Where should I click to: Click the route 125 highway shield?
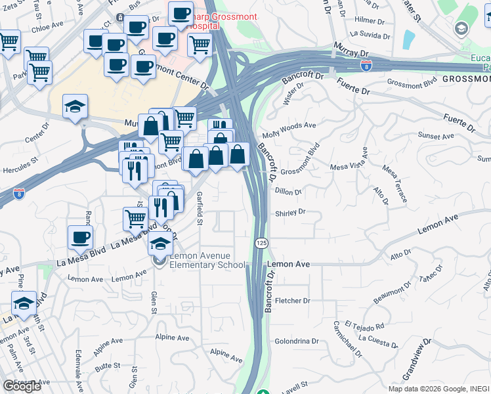tap(261, 244)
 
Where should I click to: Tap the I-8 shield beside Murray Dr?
tap(366, 66)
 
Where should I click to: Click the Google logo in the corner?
tap(22, 385)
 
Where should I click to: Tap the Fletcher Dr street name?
tap(292, 301)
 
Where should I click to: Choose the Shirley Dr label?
tap(290, 212)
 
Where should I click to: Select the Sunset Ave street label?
tap(437, 137)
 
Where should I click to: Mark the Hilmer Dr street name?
tap(370, 20)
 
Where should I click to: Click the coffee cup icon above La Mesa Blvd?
tap(80, 238)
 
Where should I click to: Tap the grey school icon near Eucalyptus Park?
tap(461, 28)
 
